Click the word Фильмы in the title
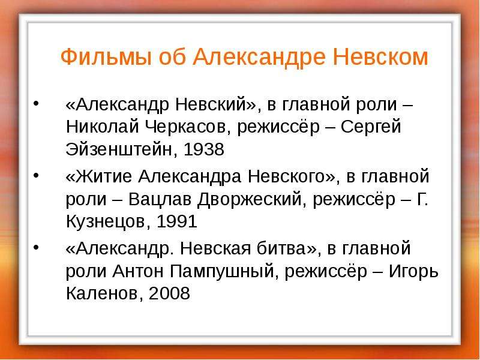tap(106, 57)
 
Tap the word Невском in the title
tap(380, 56)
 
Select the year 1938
tap(204, 149)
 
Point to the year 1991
tap(176, 221)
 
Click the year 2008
tap(169, 293)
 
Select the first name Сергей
tap(371, 127)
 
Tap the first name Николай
tap(103, 126)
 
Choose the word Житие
tap(104, 176)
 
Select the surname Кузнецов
tap(109, 221)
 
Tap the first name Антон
tap(138, 271)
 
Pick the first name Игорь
tap(413, 271)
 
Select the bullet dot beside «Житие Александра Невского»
tap(37, 176)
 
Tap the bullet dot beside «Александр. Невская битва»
tap(37, 247)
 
